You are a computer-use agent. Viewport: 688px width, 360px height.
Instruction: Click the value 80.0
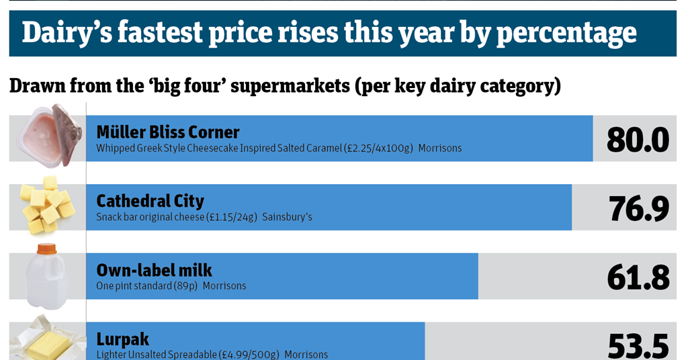638,140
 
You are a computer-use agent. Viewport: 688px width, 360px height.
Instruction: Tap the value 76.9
638,209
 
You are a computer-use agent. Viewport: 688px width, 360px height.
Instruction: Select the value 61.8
638,277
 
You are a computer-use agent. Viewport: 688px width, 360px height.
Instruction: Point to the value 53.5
638,345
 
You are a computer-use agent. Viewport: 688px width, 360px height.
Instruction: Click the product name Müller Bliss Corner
168,132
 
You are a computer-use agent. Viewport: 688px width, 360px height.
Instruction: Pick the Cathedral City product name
150,201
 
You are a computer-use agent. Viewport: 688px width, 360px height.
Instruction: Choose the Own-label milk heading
154,270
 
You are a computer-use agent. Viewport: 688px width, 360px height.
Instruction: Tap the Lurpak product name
122,339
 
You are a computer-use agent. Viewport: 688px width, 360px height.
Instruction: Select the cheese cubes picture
48,205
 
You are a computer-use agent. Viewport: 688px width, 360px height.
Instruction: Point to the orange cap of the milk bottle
46,249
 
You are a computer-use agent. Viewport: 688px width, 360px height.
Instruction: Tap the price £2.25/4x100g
378,148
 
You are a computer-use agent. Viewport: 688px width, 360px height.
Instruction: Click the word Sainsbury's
287,217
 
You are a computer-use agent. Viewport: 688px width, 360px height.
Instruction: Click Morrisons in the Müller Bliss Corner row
439,148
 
